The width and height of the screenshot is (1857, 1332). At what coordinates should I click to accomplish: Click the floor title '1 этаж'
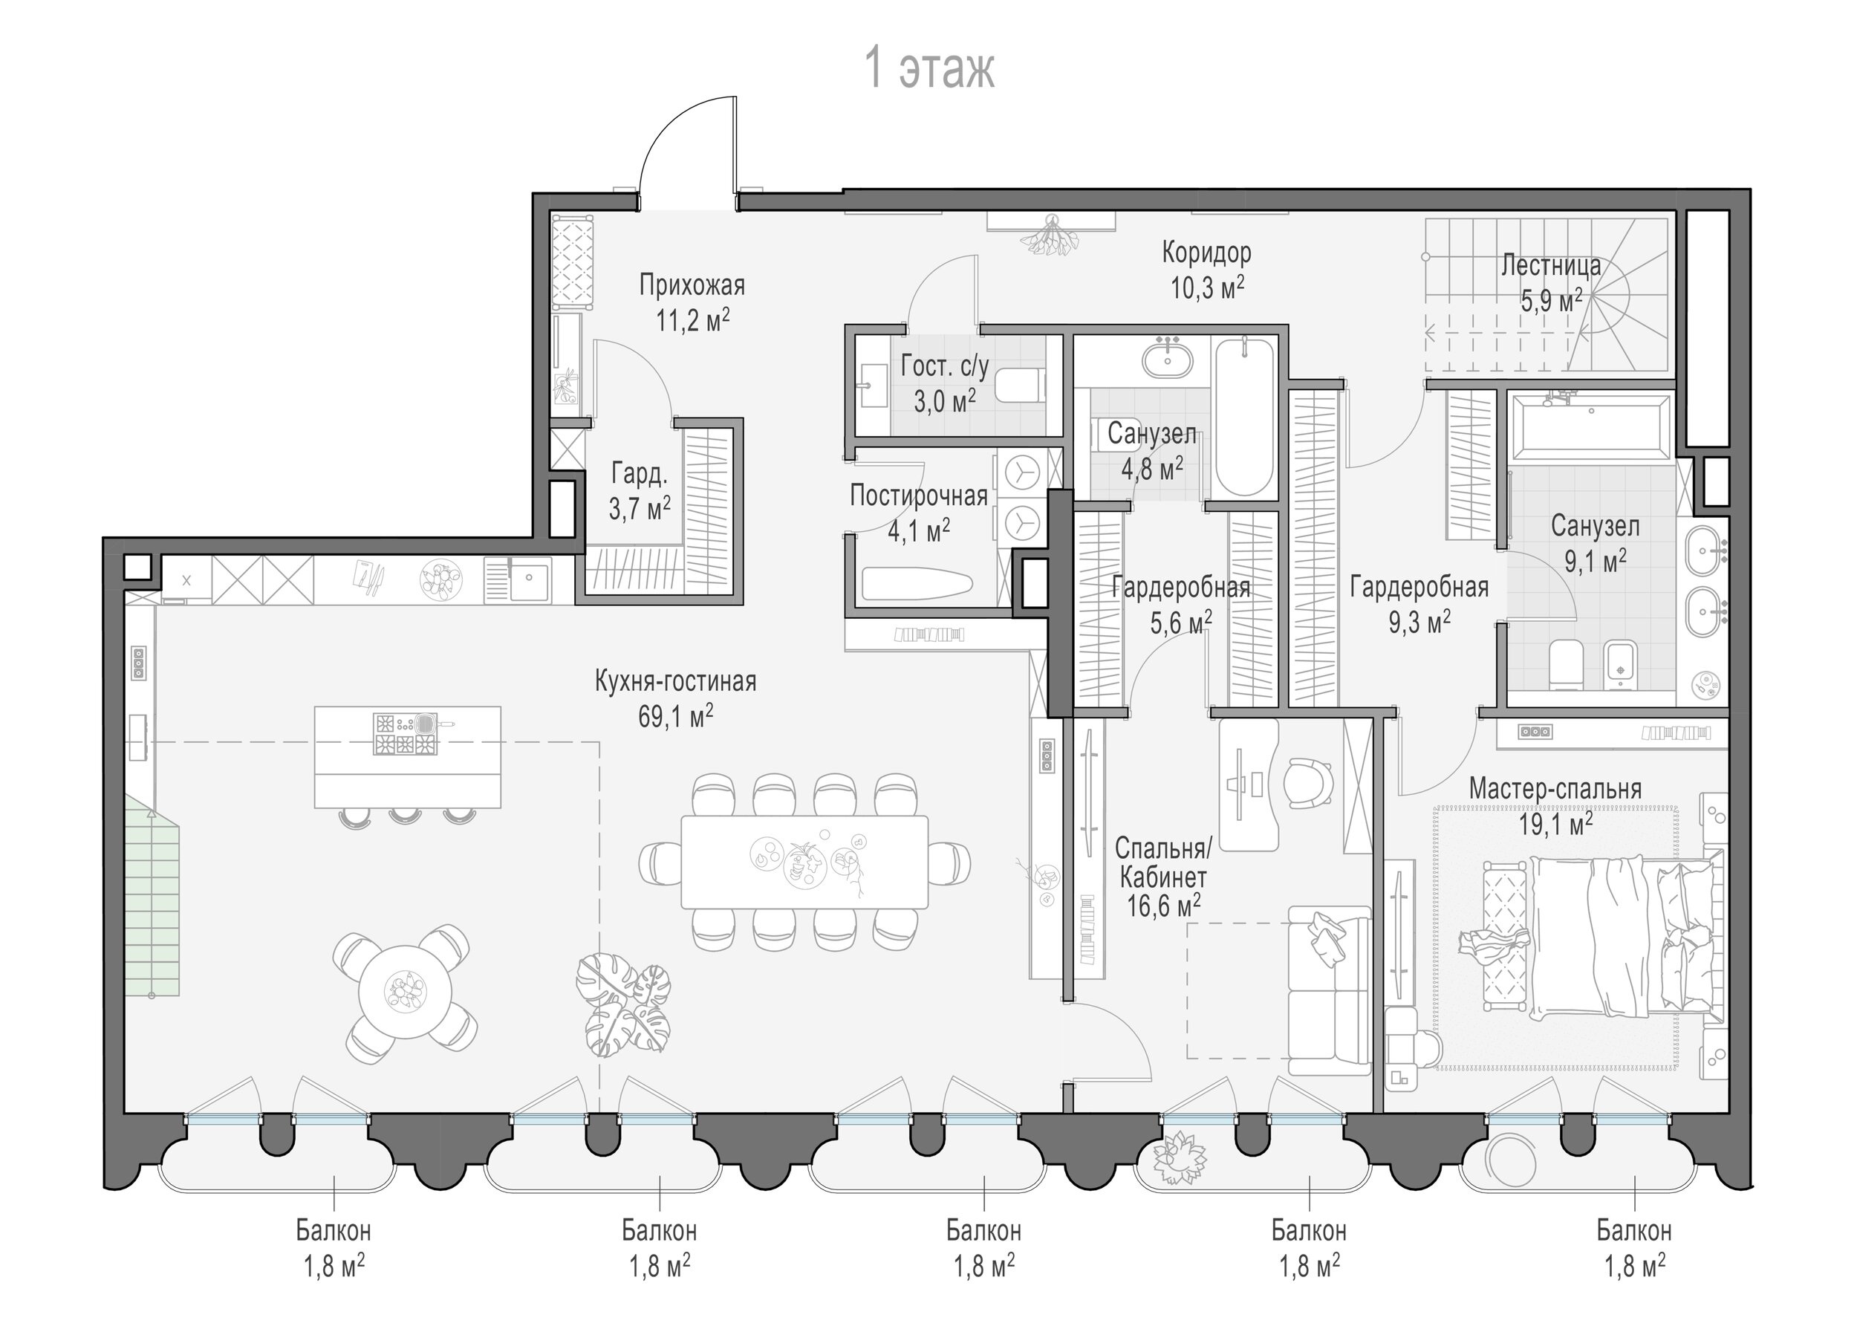click(930, 69)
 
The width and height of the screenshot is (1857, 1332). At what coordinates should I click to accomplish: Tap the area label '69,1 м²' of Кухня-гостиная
click(675, 716)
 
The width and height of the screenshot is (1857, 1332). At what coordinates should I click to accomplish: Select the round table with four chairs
click(405, 994)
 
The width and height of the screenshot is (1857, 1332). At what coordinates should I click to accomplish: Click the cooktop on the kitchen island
click(406, 733)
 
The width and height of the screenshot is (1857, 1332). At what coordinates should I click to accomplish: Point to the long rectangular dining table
click(805, 862)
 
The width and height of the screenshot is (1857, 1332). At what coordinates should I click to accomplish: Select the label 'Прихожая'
click(692, 286)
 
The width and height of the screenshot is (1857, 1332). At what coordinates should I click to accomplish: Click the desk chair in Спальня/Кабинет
click(1307, 781)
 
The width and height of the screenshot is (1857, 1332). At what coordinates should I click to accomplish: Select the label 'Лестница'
click(1551, 266)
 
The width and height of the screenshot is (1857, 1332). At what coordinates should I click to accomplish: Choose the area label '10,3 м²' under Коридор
click(1207, 287)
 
